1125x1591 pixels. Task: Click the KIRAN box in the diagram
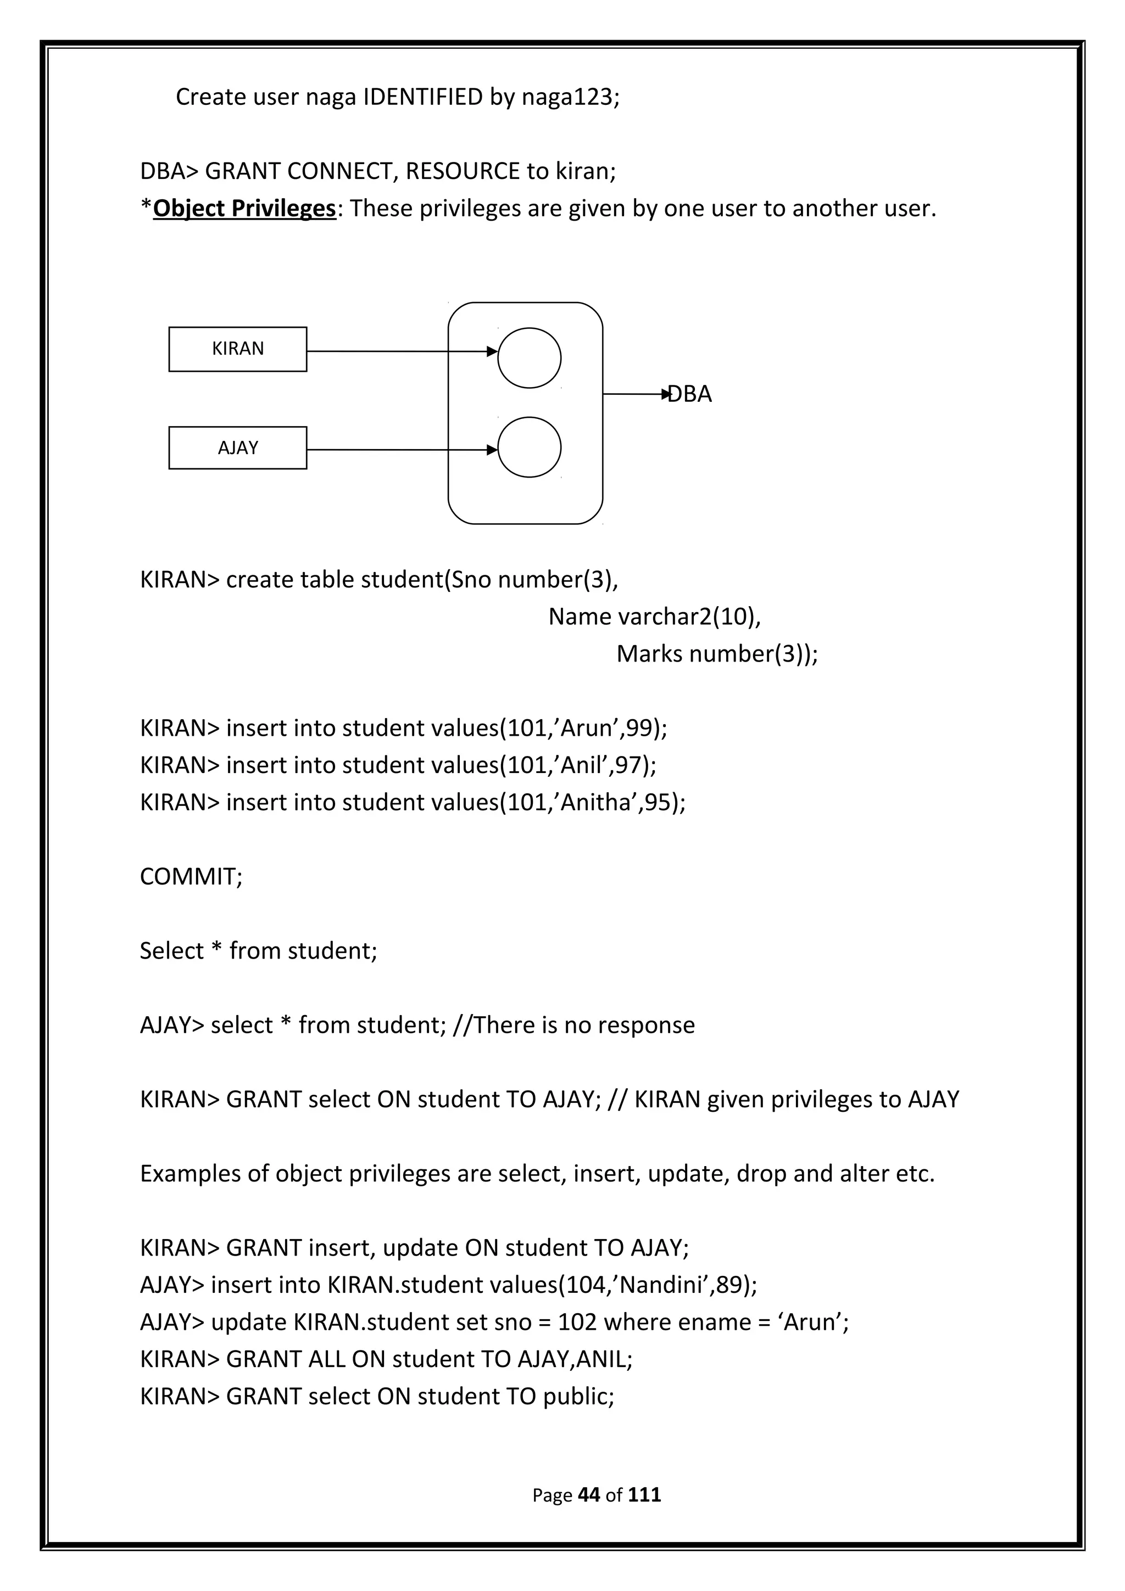pyautogui.click(x=238, y=349)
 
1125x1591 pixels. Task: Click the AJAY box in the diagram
pyautogui.click(x=238, y=447)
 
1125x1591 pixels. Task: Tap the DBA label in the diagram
pyautogui.click(x=690, y=394)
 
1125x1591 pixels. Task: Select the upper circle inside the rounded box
pyautogui.click(x=529, y=357)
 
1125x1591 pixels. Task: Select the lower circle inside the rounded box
pyautogui.click(x=529, y=447)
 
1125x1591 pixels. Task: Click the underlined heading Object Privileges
pyautogui.click(x=244, y=208)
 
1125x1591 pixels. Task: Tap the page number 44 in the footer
pyautogui.click(x=588, y=1495)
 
